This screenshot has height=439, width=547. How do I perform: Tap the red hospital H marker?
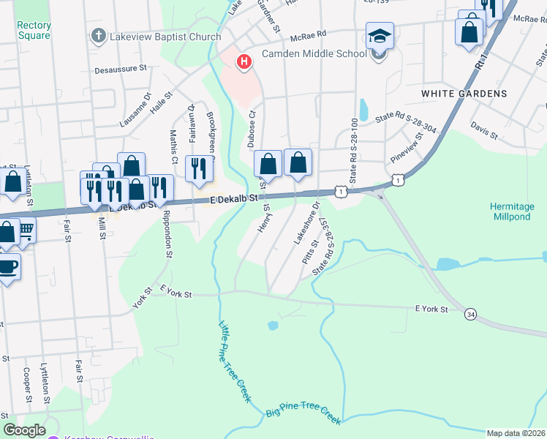(x=244, y=62)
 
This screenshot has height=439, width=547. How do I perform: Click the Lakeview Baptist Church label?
(x=166, y=37)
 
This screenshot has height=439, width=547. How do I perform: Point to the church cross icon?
(x=98, y=36)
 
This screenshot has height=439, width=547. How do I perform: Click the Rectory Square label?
(x=34, y=31)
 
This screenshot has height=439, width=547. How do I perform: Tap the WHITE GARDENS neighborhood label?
(x=464, y=94)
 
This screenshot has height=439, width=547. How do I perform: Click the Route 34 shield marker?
(x=469, y=314)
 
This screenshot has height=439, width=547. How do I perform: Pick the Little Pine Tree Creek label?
(x=235, y=361)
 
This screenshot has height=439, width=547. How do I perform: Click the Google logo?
(x=24, y=430)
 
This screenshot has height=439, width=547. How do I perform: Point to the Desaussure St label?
(x=121, y=67)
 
